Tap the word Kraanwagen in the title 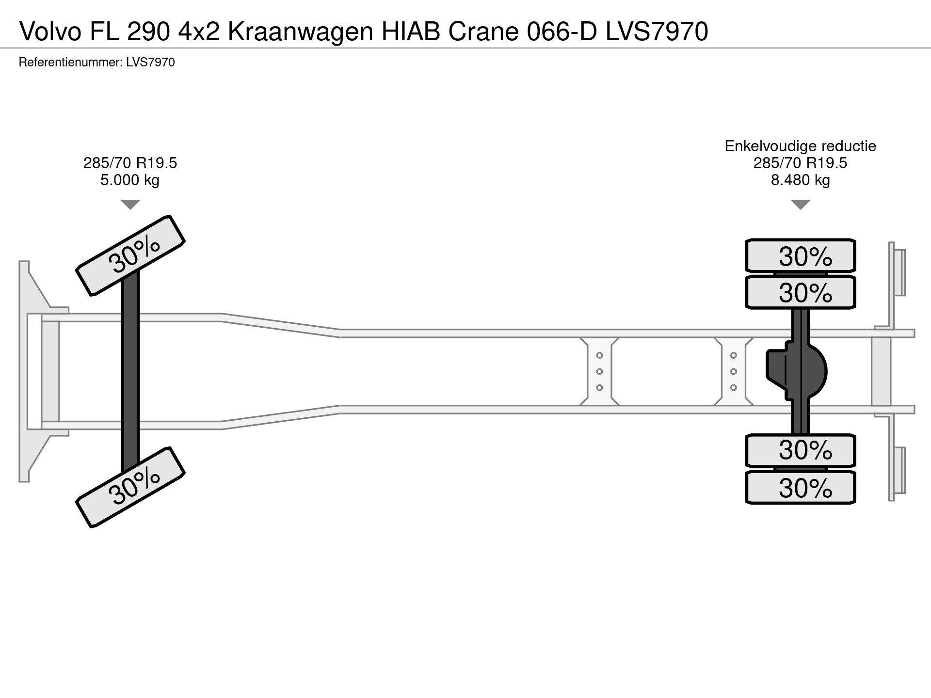pos(300,32)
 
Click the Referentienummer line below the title pos(96,63)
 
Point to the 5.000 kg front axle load pos(130,180)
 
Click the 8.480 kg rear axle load pos(800,180)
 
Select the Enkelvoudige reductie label pos(800,146)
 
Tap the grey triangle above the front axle pos(130,205)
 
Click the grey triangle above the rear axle pos(800,205)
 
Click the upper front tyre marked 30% pos(130,255)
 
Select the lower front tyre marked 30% pos(130,487)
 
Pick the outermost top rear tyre pos(800,255)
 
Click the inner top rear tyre pos(800,292)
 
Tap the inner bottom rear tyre pos(800,450)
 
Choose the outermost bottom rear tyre pos(800,487)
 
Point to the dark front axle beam pos(130,371)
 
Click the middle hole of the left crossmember pos(599,372)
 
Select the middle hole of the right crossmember pos(733,372)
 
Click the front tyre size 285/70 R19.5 pos(130,163)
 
